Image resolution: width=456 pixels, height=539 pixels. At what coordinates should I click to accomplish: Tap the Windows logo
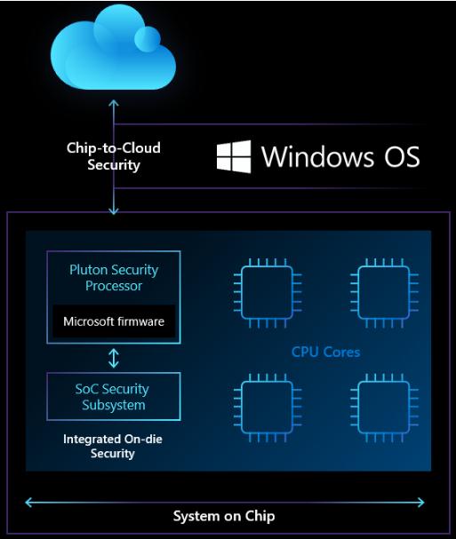pos(234,156)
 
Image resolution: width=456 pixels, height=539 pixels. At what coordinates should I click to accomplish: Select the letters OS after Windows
pos(402,157)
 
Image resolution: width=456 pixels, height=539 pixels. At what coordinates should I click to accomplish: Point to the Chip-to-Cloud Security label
pos(114,156)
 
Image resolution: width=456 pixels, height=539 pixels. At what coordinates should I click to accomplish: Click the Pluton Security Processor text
pos(114,277)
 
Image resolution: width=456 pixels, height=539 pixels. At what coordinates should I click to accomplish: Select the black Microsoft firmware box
pos(114,321)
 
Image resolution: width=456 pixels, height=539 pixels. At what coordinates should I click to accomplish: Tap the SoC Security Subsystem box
pos(114,396)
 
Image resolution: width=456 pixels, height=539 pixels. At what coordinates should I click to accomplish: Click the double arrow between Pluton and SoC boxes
pos(114,358)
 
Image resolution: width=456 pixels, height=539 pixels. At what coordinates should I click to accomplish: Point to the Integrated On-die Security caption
pos(113,446)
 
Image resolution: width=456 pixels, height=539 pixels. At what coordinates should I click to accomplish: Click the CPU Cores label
pos(325,352)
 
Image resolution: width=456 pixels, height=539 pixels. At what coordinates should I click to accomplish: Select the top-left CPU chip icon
pos(268,293)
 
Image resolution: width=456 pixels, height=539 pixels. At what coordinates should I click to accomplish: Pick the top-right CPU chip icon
pos(384,293)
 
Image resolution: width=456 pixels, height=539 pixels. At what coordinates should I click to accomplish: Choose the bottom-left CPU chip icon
pos(268,408)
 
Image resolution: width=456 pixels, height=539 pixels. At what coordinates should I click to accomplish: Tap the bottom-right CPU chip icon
pos(384,408)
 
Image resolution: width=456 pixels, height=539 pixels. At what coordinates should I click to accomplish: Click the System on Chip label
pos(224,516)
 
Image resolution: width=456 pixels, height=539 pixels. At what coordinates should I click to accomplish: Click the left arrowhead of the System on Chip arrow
pos(28,503)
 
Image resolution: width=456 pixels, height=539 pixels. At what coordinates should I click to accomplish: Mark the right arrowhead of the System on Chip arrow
pos(421,503)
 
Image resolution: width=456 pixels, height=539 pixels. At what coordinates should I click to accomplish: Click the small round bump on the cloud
pos(148,39)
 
